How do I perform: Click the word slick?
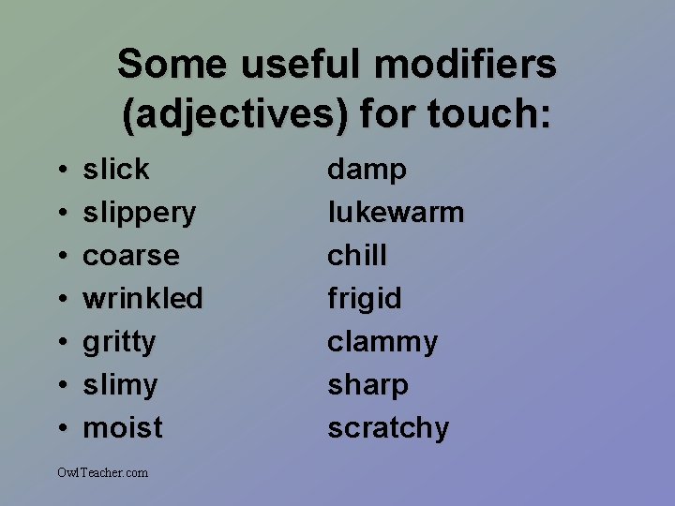pyautogui.click(x=116, y=170)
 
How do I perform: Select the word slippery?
pyautogui.click(x=140, y=213)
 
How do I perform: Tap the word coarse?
pyautogui.click(x=131, y=256)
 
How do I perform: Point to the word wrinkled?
pyautogui.click(x=142, y=299)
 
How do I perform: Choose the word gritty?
pyautogui.click(x=119, y=342)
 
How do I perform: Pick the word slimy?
pyautogui.click(x=120, y=385)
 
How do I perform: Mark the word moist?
pyautogui.click(x=123, y=428)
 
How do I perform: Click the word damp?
pyautogui.click(x=367, y=171)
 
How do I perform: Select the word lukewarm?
pyautogui.click(x=396, y=213)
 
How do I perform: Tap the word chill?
pyautogui.click(x=356, y=256)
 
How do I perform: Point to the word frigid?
pyautogui.click(x=364, y=300)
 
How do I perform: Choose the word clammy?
pyautogui.click(x=382, y=343)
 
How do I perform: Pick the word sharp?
pyautogui.click(x=367, y=386)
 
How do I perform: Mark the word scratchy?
pyautogui.click(x=388, y=428)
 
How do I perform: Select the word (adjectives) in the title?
pyautogui.click(x=235, y=115)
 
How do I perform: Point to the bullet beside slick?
pyautogui.click(x=60, y=171)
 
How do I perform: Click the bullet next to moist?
pyautogui.click(x=60, y=429)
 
